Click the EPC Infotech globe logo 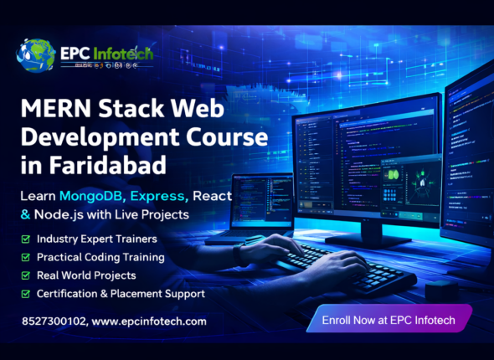pyautogui.click(x=35, y=55)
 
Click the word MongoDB pyautogui.click(x=94, y=196)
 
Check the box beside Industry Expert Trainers pyautogui.click(x=25, y=239)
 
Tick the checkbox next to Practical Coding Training pyautogui.click(x=25, y=257)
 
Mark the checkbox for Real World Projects pyautogui.click(x=25, y=275)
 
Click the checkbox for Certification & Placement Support pyautogui.click(x=25, y=294)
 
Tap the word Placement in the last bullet pyautogui.click(x=142, y=294)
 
